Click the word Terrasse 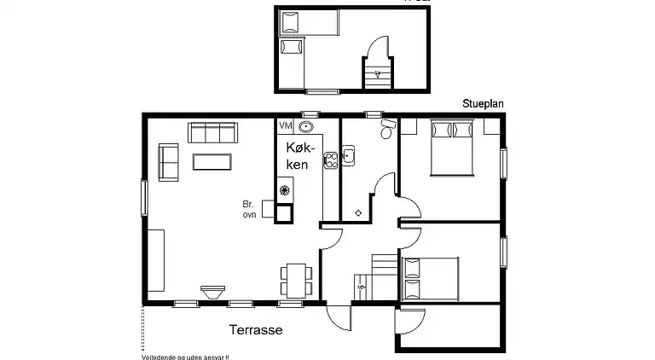(255, 328)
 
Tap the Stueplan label (483, 102)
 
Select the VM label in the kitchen (285, 126)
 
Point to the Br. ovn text (249, 210)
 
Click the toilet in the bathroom (387, 131)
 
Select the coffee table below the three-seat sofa (212, 161)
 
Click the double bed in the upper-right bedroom (452, 147)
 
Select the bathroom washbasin (348, 156)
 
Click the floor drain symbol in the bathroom (358, 212)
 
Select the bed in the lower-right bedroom (430, 277)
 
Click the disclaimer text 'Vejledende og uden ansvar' (186, 357)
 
